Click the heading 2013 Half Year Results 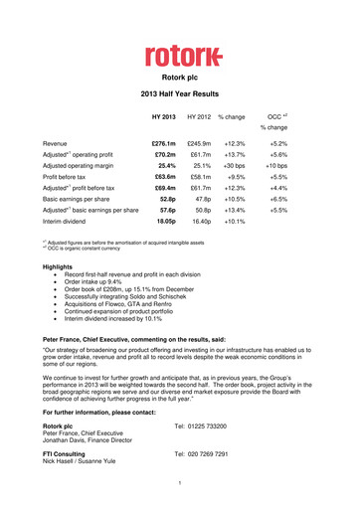click(x=179, y=99)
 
